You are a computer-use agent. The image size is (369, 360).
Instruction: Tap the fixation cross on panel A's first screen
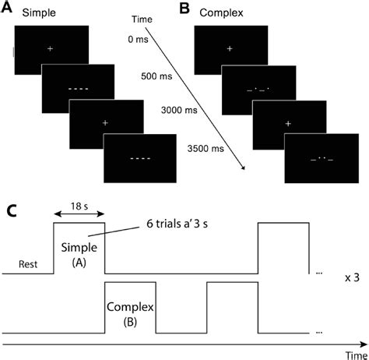click(51, 49)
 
